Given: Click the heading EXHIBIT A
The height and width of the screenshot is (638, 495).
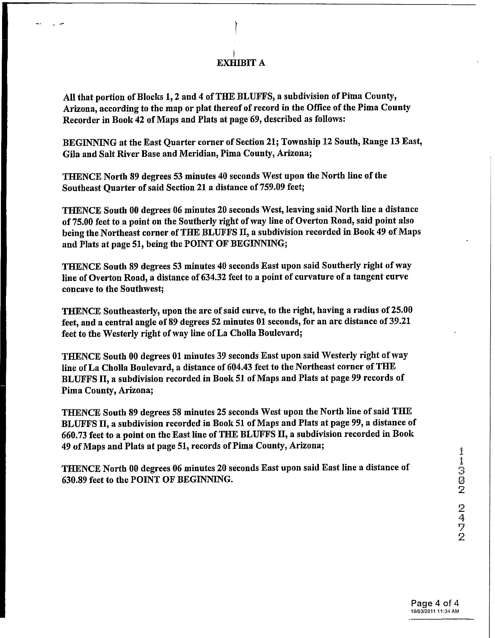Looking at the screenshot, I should click(241, 63).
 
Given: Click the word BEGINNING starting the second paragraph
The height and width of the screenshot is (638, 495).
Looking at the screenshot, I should click(90, 143).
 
